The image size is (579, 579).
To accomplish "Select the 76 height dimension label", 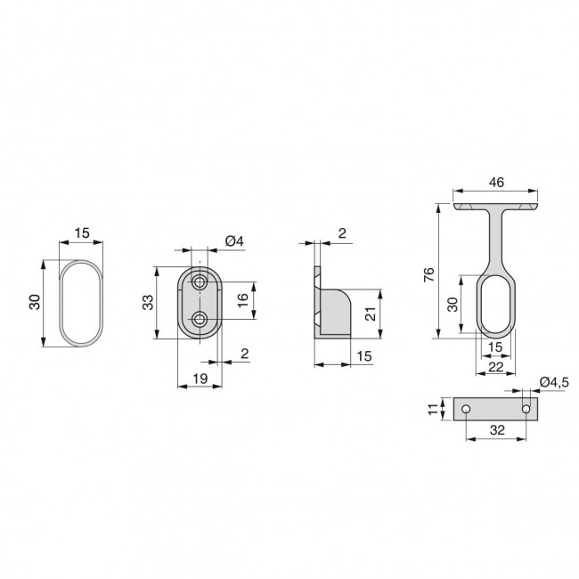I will click(x=429, y=273).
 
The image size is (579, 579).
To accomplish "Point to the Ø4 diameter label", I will click(x=233, y=241).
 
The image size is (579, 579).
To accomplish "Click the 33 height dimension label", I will click(x=148, y=302).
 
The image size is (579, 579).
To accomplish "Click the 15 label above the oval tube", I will click(x=82, y=233).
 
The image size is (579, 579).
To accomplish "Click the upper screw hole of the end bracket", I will click(x=200, y=282).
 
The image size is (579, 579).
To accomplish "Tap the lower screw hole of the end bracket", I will click(x=200, y=318).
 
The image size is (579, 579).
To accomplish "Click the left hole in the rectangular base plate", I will click(x=465, y=409).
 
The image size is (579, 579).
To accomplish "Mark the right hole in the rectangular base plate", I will click(x=526, y=409).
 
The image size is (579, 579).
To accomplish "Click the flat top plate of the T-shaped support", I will click(x=496, y=207).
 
